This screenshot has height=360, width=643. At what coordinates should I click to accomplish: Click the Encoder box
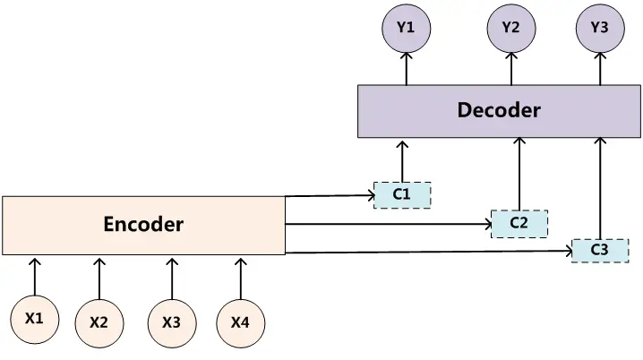143,225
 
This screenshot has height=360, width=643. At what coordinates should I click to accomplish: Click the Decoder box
499,111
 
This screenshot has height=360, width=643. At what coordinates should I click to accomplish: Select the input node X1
35,318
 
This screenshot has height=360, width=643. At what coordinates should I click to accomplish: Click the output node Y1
406,28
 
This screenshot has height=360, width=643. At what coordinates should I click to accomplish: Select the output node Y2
510,28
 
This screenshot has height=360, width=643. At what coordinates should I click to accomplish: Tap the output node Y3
599,28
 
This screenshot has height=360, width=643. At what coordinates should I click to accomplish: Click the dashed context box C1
402,194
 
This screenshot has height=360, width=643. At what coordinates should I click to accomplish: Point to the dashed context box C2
519,223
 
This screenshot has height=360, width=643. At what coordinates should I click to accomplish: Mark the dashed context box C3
599,251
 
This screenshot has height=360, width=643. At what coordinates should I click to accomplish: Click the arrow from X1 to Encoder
35,276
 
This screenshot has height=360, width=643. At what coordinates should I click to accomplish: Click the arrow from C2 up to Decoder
519,174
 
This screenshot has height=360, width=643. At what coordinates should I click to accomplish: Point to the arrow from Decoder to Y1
406,68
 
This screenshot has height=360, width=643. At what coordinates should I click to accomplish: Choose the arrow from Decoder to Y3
599,68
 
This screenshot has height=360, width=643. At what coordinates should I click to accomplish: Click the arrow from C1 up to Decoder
402,160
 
